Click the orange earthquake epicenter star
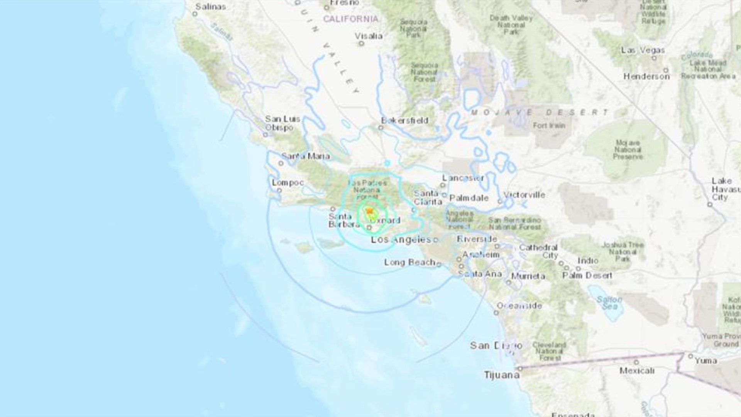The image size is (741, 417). (370, 211)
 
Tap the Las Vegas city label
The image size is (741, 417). (643, 50)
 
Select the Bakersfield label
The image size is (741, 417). (404, 120)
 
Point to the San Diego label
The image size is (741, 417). (496, 345)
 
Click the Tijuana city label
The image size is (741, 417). (502, 375)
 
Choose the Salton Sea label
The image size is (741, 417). (609, 303)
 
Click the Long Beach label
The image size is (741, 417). (409, 263)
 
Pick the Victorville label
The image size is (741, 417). (524, 195)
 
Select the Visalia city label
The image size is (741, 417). (369, 36)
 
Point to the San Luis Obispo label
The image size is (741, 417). (283, 123)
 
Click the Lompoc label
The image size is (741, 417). (288, 182)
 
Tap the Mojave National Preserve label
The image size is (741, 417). (628, 150)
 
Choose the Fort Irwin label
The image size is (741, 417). (549, 125)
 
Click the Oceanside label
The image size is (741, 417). (519, 306)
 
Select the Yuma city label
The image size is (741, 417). (706, 361)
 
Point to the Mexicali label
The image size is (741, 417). (637, 371)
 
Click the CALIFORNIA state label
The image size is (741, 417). (350, 19)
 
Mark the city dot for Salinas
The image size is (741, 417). (195, 14)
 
